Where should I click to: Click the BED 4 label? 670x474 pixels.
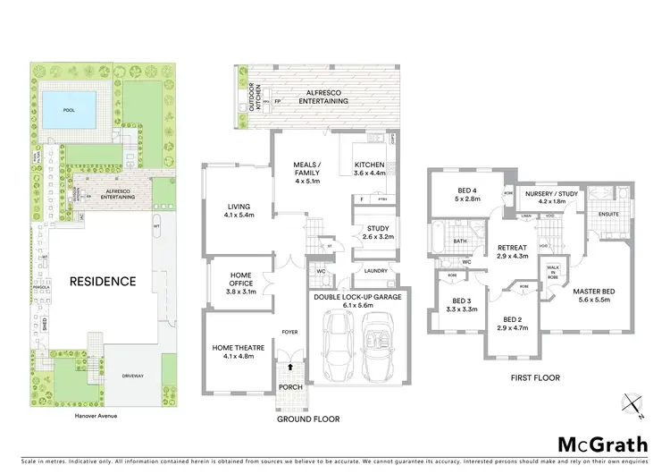(468, 190)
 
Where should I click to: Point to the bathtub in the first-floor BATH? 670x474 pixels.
(441, 239)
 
